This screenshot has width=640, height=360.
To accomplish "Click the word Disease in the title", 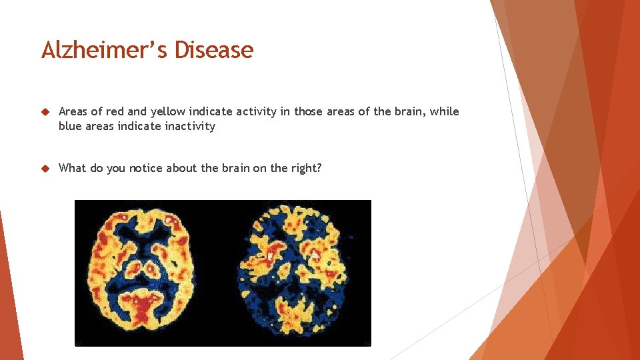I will point(214,50).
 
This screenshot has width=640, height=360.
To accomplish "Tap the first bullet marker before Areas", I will point(46,112).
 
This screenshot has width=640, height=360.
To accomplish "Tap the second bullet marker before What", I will point(46,169).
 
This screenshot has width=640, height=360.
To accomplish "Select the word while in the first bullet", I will point(444,111).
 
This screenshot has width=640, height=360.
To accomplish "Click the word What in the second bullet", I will point(72,168).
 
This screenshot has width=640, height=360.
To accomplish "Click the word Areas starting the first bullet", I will point(73,111).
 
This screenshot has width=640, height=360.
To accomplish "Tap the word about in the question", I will point(180,168).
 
